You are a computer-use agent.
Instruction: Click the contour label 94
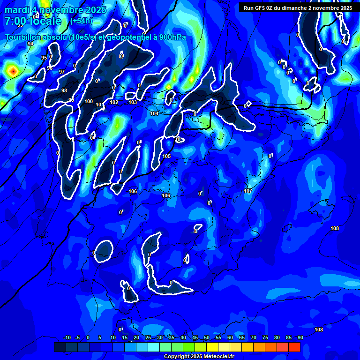30,44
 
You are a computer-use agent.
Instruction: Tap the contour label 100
89,101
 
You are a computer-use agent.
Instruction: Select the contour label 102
114,102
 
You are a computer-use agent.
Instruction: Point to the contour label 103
133,102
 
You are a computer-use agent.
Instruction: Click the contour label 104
154,113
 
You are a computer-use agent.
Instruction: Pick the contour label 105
166,156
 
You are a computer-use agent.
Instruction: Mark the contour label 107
248,191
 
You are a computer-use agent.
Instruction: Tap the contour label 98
64,90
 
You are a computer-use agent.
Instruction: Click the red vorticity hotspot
13,71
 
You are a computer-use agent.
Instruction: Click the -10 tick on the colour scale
67,338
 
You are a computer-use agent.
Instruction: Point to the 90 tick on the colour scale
300,338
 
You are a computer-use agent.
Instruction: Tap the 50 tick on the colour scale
206,338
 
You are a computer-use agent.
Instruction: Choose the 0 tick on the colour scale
88,338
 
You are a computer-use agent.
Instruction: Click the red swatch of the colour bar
294,347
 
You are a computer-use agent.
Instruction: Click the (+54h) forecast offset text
81,21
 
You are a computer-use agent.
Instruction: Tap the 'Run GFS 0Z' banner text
261,8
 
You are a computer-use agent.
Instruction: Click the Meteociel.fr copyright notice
199,357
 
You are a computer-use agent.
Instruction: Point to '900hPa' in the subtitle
170,37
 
